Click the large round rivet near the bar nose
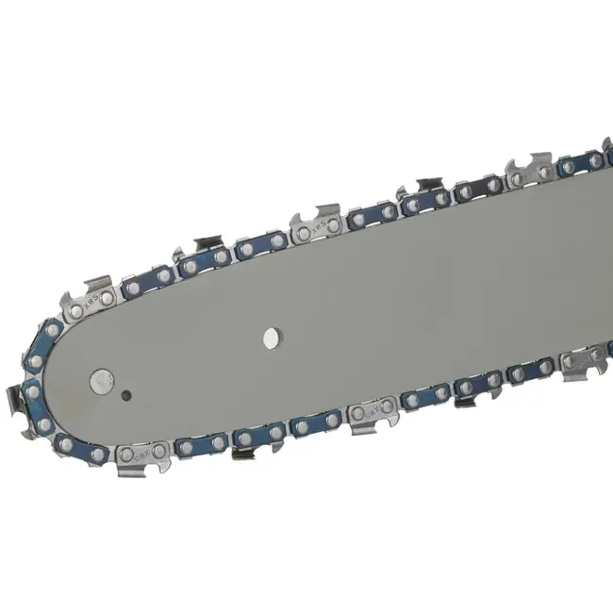[x=101, y=381]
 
